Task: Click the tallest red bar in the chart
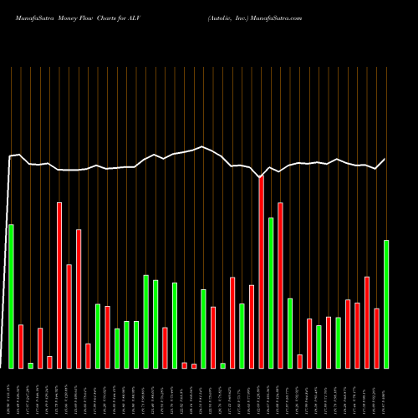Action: [261, 272]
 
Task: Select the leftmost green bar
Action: [11, 296]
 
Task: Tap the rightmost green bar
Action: [385, 303]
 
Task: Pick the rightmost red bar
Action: [376, 338]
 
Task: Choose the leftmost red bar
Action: [21, 346]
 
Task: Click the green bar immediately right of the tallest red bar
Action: [271, 293]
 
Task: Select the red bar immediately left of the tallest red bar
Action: [252, 326]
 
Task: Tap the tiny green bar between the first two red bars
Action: [30, 365]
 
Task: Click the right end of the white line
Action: [385, 159]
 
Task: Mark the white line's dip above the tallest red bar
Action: [261, 177]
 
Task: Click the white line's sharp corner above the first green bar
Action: [11, 156]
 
